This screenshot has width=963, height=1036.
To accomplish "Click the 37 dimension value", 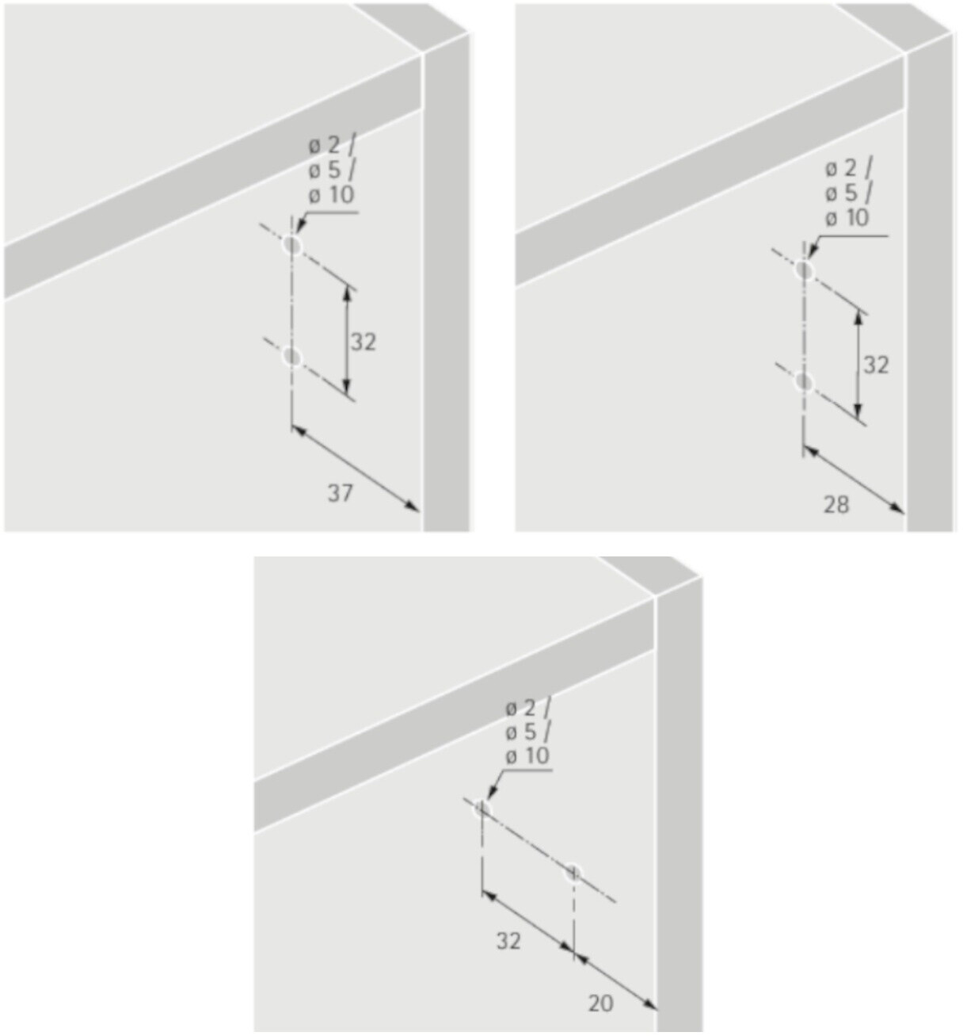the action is coord(340,494).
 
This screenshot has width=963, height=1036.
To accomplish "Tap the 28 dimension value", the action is coord(836,505).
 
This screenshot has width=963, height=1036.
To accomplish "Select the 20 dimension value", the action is coord(601,1004).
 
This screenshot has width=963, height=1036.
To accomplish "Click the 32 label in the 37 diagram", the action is coord(363,342).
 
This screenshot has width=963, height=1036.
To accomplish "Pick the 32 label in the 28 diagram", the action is coord(876,365).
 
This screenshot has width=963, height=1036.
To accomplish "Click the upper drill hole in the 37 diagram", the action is coord(292,245).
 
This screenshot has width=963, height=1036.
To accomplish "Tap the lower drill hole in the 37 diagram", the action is coord(292,357).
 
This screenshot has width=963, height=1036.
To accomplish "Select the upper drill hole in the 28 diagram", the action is coord(805,270).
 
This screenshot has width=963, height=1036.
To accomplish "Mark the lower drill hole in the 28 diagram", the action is coord(805,382).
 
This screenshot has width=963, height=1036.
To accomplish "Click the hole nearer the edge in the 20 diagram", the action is coord(573,874).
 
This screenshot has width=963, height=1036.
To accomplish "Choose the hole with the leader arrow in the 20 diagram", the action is coord(482,809).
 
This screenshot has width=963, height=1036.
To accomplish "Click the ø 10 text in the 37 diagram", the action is coord(332,195).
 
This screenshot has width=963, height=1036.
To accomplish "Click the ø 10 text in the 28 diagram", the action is coord(847,217).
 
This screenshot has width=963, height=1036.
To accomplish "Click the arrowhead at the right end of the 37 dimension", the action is coord(413,507).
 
